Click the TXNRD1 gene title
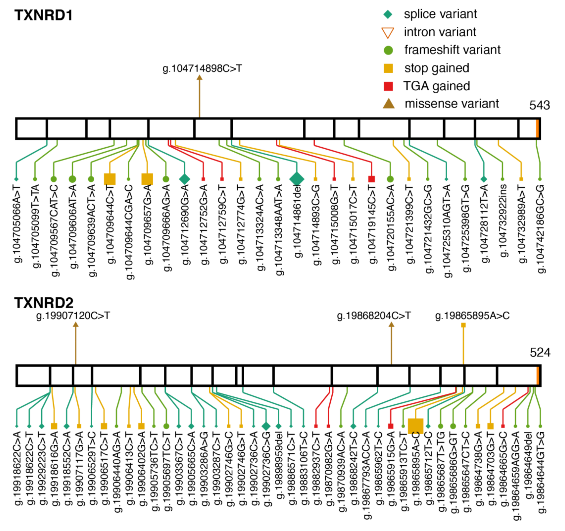(x=44, y=15)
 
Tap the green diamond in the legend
(x=388, y=14)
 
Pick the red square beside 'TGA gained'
(x=388, y=86)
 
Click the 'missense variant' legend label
(x=452, y=104)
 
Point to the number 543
(x=539, y=105)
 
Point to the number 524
(x=540, y=353)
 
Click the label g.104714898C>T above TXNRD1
(x=202, y=69)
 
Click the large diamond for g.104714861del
(x=297, y=179)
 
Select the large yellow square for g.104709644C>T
(x=110, y=179)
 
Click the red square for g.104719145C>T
(x=371, y=179)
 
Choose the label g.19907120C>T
(x=73, y=316)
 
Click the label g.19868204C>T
(x=374, y=316)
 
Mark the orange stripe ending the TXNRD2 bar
(x=538, y=376)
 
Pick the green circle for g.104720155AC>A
(x=390, y=179)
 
